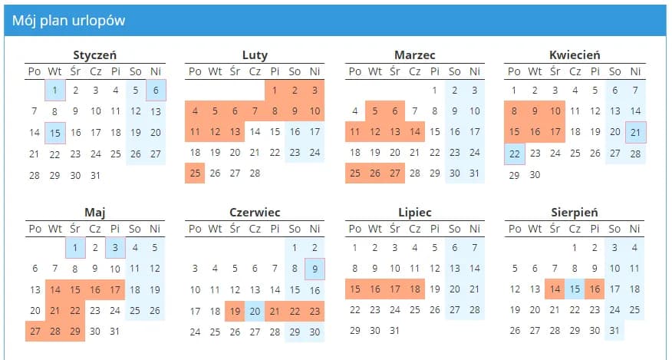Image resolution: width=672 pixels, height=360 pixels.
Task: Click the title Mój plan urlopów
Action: pos(68,21)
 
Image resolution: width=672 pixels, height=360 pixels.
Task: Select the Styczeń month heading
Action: pos(95,55)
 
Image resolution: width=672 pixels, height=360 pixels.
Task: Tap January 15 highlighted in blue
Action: pos(54,132)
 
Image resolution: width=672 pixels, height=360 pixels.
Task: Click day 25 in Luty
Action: pos(195,173)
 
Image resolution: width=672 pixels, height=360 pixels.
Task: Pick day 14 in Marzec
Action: pos(414,132)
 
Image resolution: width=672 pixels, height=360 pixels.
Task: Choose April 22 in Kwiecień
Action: pos(515,153)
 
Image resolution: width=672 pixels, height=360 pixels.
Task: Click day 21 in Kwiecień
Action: pos(634,132)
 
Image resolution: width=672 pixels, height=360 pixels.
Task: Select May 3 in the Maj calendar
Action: pos(115,248)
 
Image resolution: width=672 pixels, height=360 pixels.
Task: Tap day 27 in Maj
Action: pos(35,331)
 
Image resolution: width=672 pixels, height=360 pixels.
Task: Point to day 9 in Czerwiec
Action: pos(315,269)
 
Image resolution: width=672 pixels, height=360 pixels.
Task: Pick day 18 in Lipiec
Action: pos(414,289)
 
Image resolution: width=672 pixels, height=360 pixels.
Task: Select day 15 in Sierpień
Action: pos(575,289)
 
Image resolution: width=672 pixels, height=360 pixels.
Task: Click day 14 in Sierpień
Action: pos(555,289)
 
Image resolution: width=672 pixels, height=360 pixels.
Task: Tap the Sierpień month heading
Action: pos(575,213)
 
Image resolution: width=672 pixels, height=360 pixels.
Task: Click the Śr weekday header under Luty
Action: pos(235,71)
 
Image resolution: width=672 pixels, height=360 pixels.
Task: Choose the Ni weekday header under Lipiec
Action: pos(474,229)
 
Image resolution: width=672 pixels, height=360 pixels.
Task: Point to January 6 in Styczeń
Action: pos(155,91)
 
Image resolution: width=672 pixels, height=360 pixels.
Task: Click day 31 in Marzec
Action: pos(474,173)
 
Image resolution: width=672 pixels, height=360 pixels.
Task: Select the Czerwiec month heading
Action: pos(255,213)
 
